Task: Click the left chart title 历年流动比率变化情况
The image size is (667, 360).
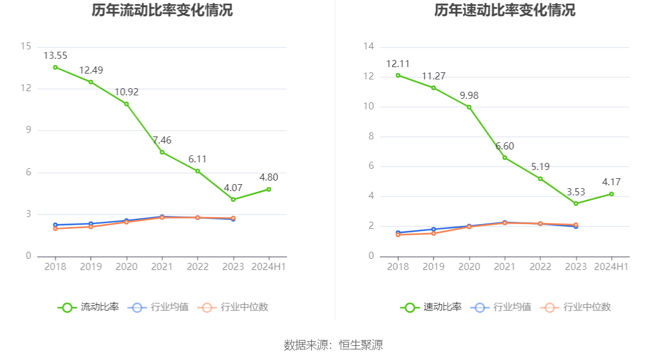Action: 162,11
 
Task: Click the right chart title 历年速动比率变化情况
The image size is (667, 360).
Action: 505,11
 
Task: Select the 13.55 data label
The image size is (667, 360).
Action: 55,56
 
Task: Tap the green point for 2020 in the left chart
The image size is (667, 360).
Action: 126,104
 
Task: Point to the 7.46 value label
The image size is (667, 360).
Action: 162,140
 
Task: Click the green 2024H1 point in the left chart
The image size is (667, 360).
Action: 269,189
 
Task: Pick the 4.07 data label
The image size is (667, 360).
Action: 233,188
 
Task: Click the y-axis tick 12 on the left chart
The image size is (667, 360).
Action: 26,89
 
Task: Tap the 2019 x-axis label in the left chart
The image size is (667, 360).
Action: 91,266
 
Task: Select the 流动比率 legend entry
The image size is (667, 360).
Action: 89,307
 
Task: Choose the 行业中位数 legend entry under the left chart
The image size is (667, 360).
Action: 234,307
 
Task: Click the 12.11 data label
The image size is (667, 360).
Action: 398,64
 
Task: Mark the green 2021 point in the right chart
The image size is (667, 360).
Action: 505,158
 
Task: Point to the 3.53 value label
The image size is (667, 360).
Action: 576,192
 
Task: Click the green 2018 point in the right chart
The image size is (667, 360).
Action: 398,75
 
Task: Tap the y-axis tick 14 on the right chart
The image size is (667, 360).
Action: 369,46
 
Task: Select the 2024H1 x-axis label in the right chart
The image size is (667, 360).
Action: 611,266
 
